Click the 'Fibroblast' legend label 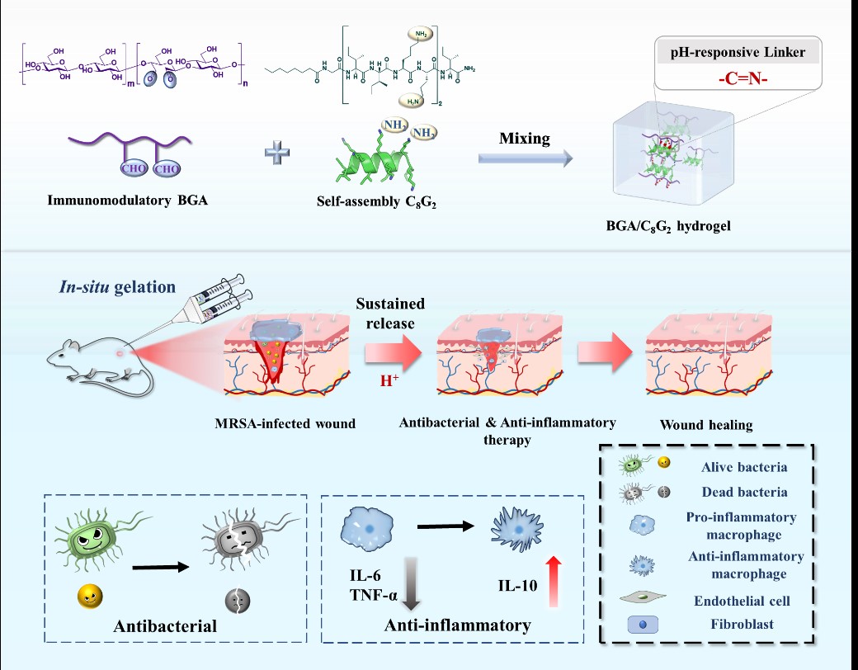744,624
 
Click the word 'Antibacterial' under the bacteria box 165,625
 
